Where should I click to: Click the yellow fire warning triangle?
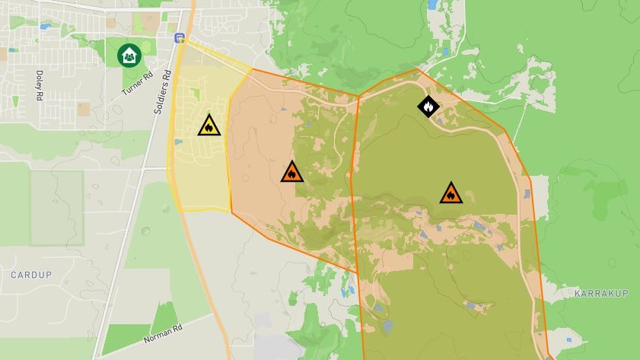click(x=209, y=126)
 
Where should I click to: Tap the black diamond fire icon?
click(x=428, y=107)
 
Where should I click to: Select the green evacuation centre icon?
click(x=129, y=55)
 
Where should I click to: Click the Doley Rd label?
click(x=40, y=85)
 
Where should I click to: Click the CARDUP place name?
click(x=30, y=274)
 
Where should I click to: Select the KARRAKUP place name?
click(x=600, y=293)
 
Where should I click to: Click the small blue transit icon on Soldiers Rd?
click(x=180, y=37)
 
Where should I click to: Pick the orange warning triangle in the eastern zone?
click(x=451, y=193)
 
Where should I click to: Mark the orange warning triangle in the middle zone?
click(x=291, y=172)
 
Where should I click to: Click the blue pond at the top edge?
click(x=433, y=5)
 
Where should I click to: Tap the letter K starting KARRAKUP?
click(x=578, y=293)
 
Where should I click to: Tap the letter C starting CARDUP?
click(x=14, y=274)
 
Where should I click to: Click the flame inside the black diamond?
click(x=428, y=107)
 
